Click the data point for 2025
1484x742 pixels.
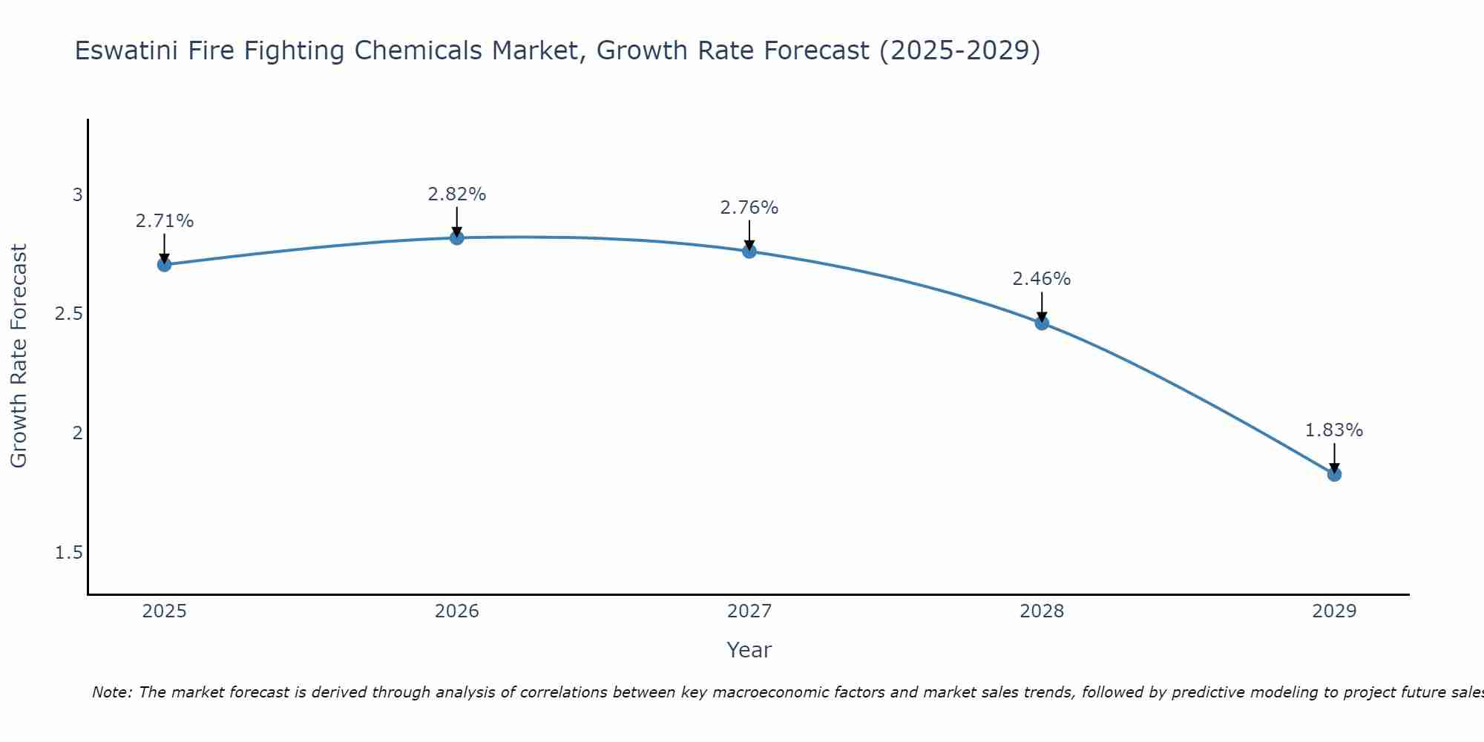(x=165, y=265)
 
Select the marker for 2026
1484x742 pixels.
(x=457, y=237)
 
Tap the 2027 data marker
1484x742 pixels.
(x=749, y=252)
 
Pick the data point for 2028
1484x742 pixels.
(x=1042, y=323)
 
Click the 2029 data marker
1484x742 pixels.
(x=1334, y=474)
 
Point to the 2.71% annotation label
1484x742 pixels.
(x=165, y=221)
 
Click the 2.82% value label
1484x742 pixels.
(x=457, y=194)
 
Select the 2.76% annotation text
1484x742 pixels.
(x=749, y=208)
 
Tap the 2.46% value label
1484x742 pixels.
(x=1042, y=279)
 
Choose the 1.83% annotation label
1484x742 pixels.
(x=1334, y=430)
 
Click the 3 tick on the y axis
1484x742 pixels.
(x=77, y=195)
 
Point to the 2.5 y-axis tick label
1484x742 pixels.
(x=69, y=314)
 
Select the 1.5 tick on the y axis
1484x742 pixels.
(x=69, y=553)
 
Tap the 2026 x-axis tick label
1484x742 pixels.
(x=457, y=611)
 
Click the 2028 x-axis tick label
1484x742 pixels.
(x=1042, y=611)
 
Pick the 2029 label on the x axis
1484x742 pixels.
(x=1334, y=611)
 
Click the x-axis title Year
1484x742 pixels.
(x=749, y=650)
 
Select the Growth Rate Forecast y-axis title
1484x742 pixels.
(x=19, y=356)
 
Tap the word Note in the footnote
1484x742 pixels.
(x=111, y=692)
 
